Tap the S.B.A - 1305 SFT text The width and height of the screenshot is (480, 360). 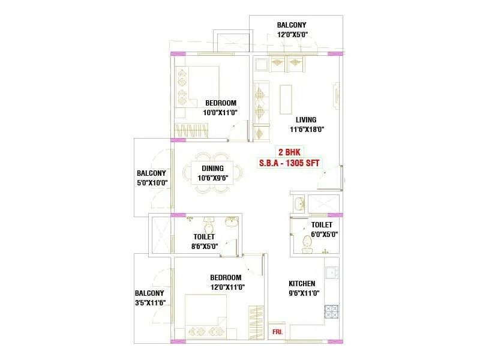point(290,163)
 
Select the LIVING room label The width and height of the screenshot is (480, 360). point(305,119)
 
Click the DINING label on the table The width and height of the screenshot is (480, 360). point(212,169)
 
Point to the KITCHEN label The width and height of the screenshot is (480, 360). point(302,284)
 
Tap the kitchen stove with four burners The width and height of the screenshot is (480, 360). point(331,312)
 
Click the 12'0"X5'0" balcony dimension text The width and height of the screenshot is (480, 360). point(292,35)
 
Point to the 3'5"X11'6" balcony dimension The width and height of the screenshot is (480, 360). point(149,303)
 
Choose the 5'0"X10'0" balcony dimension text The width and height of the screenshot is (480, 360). point(152,182)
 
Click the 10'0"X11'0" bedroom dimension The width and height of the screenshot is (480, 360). point(221,112)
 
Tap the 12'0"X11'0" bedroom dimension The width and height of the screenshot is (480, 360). point(226,287)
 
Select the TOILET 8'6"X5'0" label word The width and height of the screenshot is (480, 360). point(204,237)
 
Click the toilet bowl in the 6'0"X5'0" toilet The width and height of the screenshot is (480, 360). point(307,242)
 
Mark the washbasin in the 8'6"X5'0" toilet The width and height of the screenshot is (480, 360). point(231,223)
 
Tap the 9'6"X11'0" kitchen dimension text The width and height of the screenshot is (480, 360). point(304,293)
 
